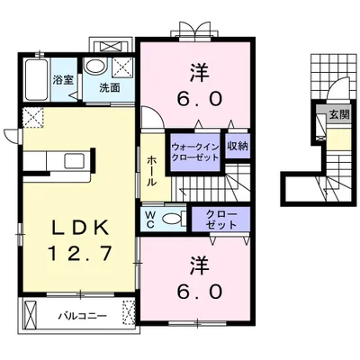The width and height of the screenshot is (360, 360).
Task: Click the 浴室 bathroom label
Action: [x=63, y=80]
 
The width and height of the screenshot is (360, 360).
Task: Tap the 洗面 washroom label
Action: [x=110, y=87]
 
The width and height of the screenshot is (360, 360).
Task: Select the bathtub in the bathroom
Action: [x=36, y=80]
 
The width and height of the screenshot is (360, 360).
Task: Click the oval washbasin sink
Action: [x=94, y=66]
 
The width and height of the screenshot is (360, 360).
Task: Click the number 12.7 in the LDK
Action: [x=80, y=253]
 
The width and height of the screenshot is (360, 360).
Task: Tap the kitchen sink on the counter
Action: [x=75, y=161]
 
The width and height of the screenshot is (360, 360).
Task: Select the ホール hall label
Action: [x=152, y=171]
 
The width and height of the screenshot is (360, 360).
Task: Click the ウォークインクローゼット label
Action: [x=195, y=152]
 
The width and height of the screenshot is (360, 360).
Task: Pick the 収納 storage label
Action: [x=238, y=146]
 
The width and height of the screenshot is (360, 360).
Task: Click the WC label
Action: [x=150, y=219]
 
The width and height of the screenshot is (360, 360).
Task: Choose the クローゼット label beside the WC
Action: [x=221, y=220]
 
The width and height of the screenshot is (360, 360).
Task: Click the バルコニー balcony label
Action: [x=83, y=316]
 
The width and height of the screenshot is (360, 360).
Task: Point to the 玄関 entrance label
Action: [x=339, y=114]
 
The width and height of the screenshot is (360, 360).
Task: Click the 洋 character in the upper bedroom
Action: [x=200, y=73]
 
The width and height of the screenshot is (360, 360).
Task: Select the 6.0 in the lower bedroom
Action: [x=200, y=291]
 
